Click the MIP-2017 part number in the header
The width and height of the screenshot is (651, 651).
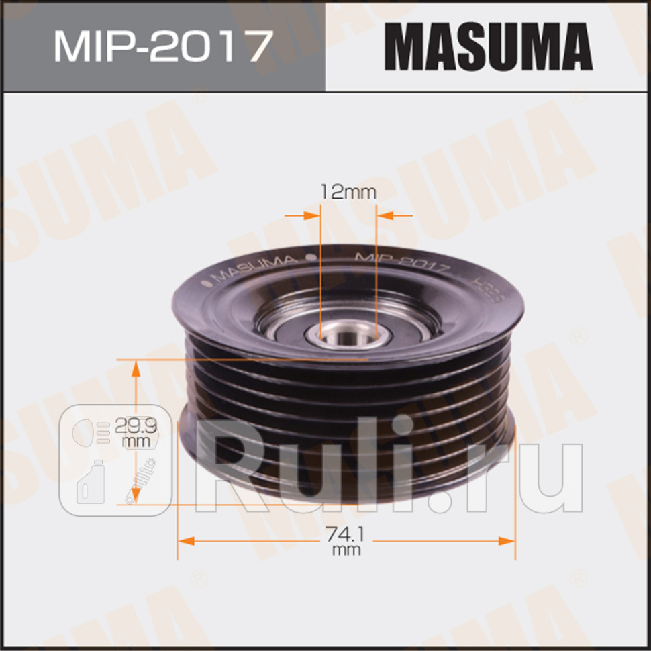click(x=163, y=46)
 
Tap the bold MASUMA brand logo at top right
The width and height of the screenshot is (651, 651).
click(x=488, y=46)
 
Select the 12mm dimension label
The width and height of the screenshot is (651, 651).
click(x=348, y=192)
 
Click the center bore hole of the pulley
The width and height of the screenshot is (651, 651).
click(x=347, y=336)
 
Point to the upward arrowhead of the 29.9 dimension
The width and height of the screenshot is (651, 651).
click(x=136, y=368)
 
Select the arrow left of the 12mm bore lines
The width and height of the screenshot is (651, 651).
click(x=310, y=215)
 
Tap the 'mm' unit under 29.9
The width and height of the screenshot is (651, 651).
click(x=132, y=440)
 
